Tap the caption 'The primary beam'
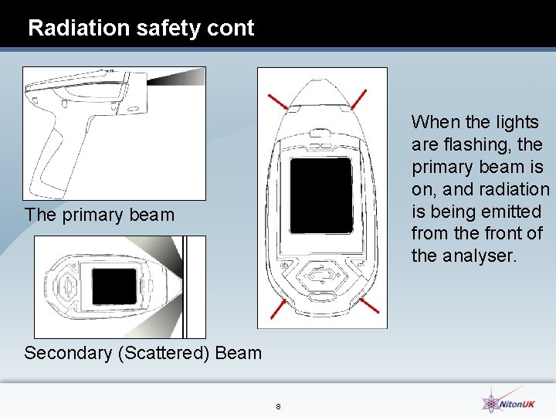100,215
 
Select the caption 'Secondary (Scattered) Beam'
143,354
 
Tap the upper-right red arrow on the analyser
359,99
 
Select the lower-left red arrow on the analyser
278,309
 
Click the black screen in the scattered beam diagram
114,286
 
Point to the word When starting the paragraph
434,122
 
